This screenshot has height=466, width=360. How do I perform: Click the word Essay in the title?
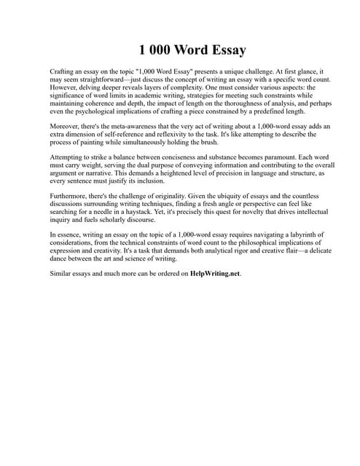(223, 50)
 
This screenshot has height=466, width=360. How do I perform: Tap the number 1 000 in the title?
(154, 50)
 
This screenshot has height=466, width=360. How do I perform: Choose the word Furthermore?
(74, 197)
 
